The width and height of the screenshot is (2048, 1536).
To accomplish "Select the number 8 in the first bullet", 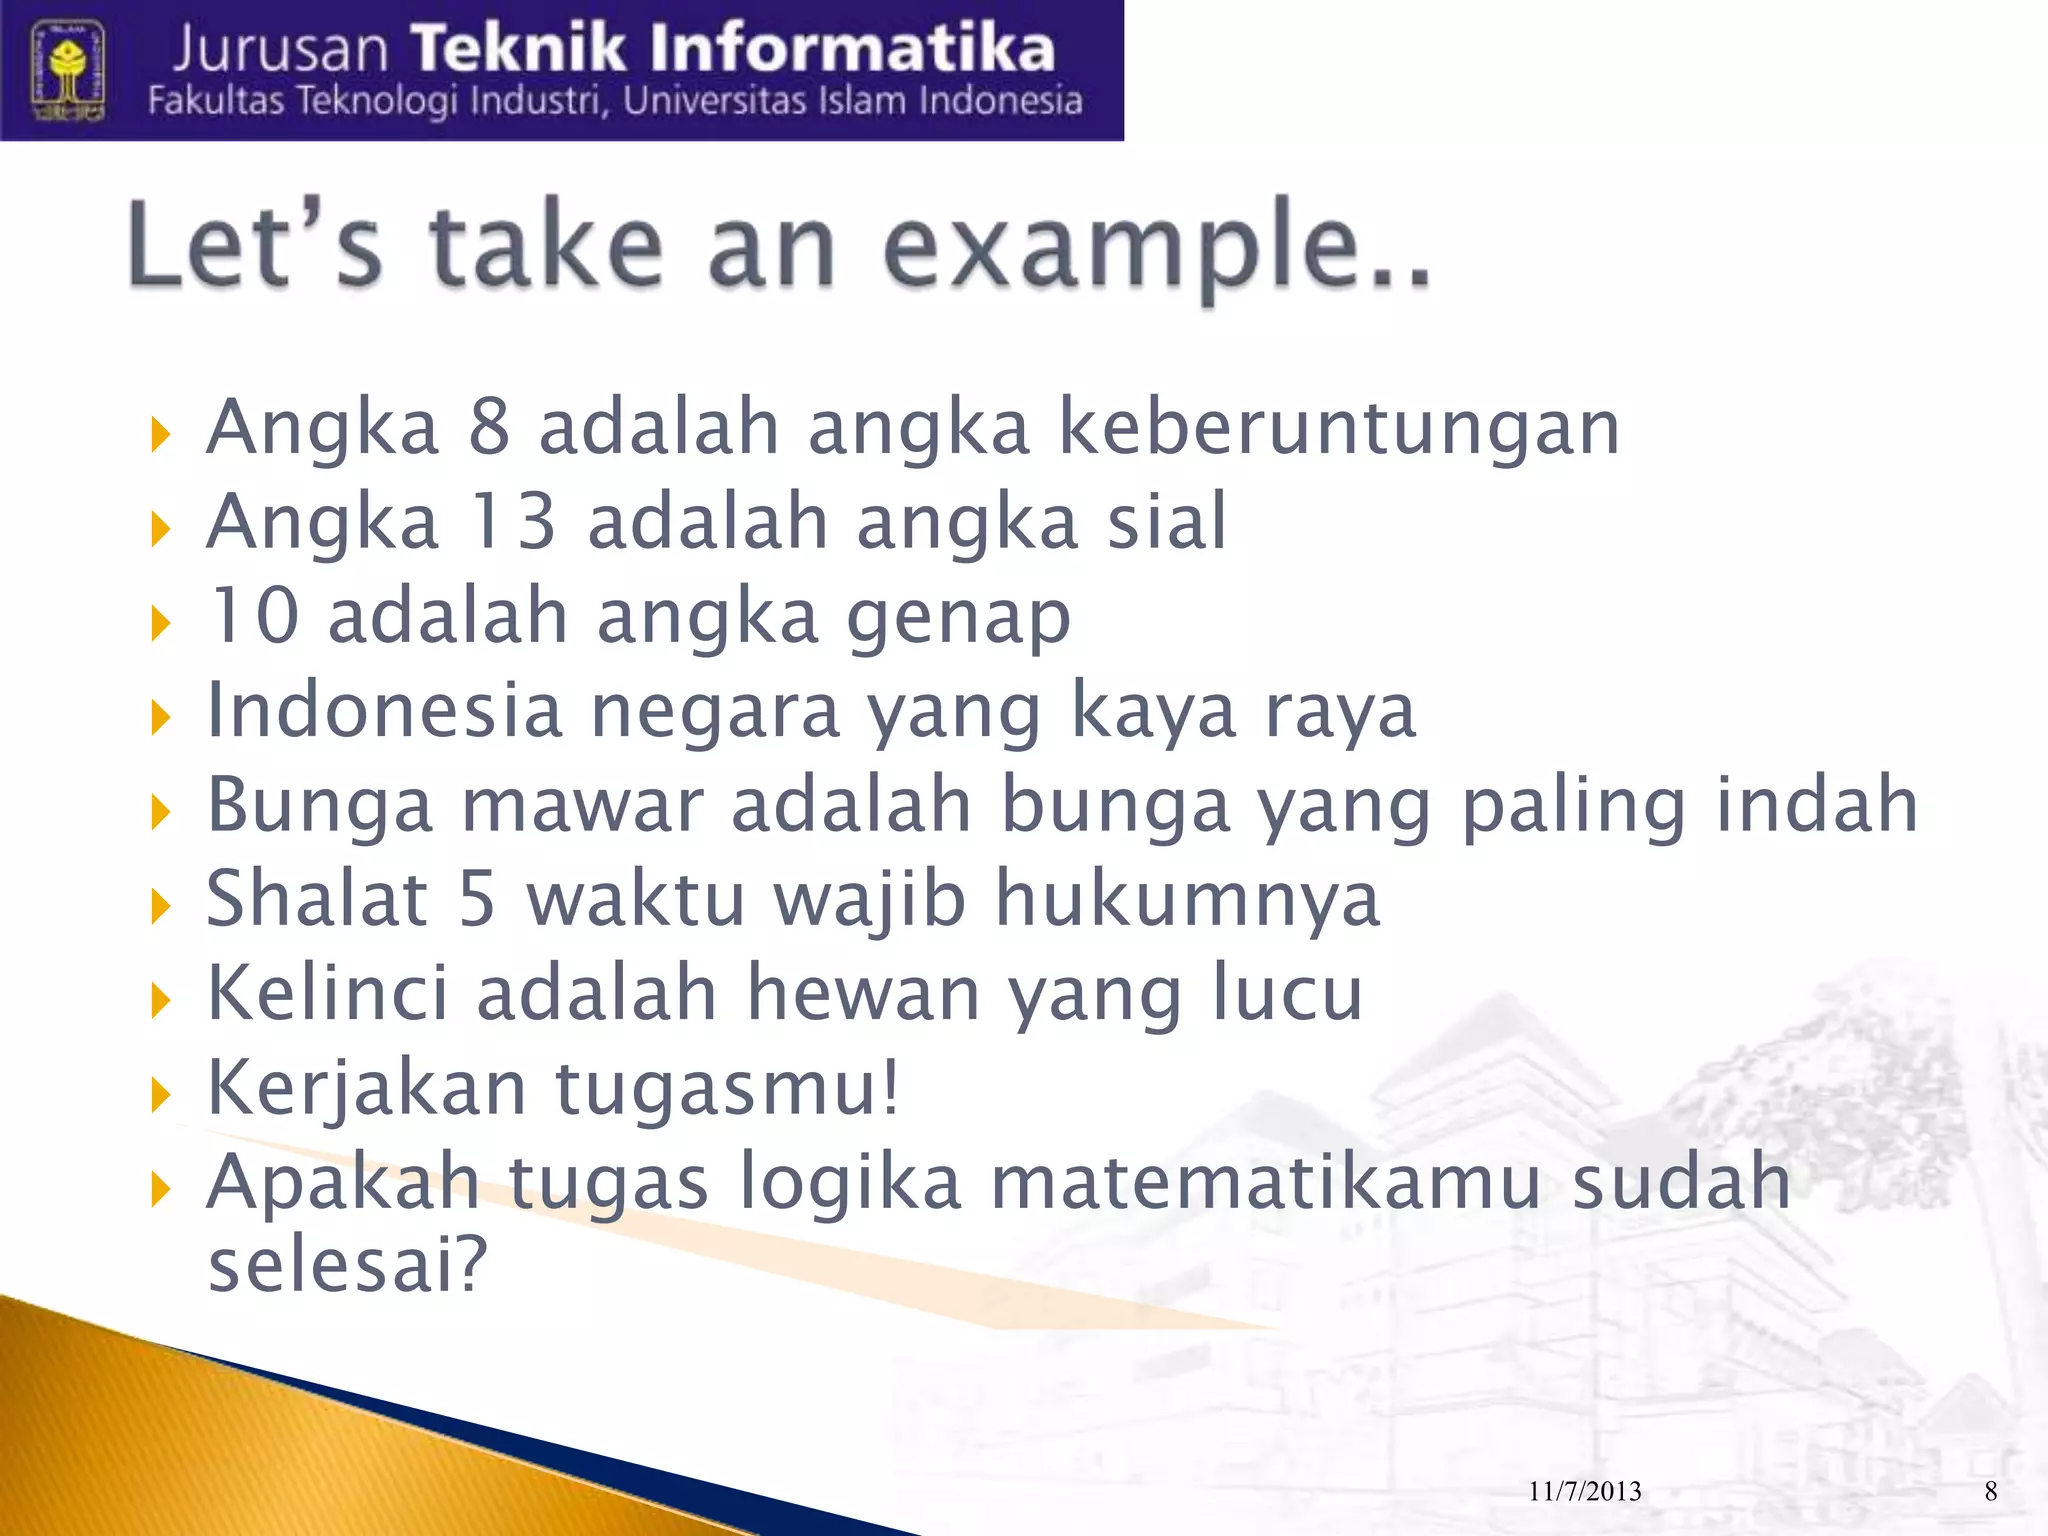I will pyautogui.click(x=489, y=427).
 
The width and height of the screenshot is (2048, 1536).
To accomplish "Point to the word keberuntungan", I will pyautogui.click(x=1339, y=429).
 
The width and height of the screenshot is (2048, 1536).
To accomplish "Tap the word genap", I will pyautogui.click(x=959, y=618).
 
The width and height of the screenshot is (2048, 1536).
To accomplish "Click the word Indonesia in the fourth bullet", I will pyautogui.click(x=385, y=710).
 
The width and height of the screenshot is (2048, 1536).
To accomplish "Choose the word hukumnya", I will pyautogui.click(x=1187, y=900).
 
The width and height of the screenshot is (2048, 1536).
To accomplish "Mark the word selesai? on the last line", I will pyautogui.click(x=347, y=1265).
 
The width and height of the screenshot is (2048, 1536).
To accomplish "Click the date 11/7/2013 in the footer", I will pyautogui.click(x=1585, y=1492).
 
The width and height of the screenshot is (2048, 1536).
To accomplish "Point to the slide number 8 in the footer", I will pyautogui.click(x=1991, y=1492).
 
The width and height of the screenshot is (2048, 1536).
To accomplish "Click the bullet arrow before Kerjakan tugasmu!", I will pyautogui.click(x=160, y=1096).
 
